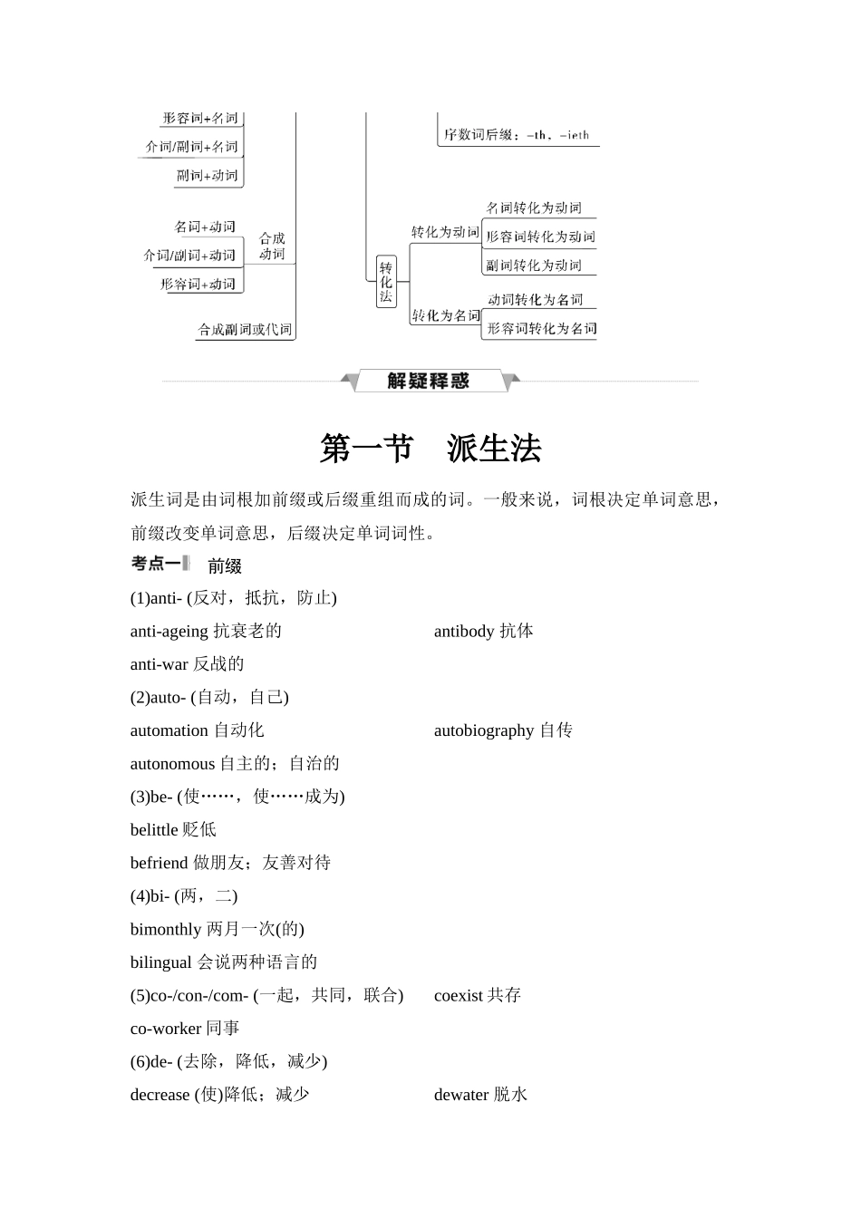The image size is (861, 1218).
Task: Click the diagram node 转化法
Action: click(x=386, y=282)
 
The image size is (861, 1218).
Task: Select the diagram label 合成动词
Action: click(x=272, y=246)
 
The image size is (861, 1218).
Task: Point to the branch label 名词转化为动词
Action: click(x=534, y=208)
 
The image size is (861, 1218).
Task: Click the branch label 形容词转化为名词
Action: click(x=541, y=328)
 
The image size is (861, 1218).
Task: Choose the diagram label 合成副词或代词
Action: click(x=246, y=330)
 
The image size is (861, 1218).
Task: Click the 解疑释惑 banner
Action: click(x=429, y=382)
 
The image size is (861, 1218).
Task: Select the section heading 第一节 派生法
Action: click(x=430, y=449)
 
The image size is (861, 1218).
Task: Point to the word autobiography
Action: click(x=484, y=730)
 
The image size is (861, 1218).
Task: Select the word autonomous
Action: click(x=172, y=764)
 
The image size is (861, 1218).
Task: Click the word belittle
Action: click(x=154, y=830)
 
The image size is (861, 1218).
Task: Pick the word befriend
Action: click(x=159, y=863)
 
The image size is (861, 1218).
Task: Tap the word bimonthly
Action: click(x=166, y=929)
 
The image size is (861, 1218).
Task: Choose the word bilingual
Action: click(x=161, y=962)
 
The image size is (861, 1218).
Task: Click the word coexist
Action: click(x=459, y=995)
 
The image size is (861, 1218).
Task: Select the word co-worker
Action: click(x=166, y=1029)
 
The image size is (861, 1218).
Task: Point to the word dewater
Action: click(x=461, y=1095)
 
